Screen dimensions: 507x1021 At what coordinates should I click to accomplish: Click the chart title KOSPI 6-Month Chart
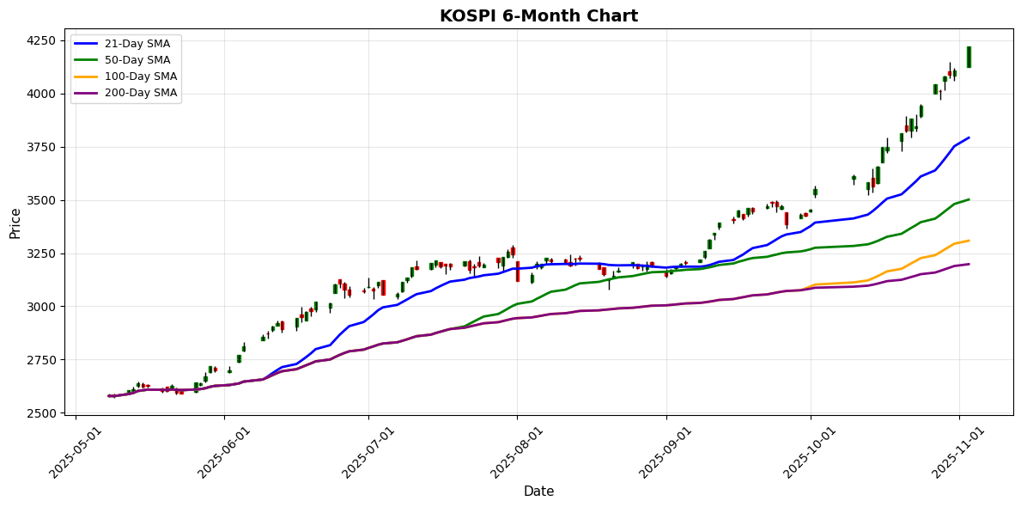538,16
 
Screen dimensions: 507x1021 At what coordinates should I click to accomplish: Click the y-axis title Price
15,223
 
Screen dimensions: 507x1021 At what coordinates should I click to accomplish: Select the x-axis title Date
538,492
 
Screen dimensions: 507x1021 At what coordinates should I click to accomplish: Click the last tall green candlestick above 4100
969,58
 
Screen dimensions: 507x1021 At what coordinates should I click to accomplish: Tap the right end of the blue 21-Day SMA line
969,137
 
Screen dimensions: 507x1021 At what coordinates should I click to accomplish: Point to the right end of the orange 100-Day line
969,241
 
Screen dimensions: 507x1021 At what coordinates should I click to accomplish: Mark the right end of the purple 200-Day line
969,264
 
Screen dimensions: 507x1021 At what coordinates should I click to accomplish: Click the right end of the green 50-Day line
969,199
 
